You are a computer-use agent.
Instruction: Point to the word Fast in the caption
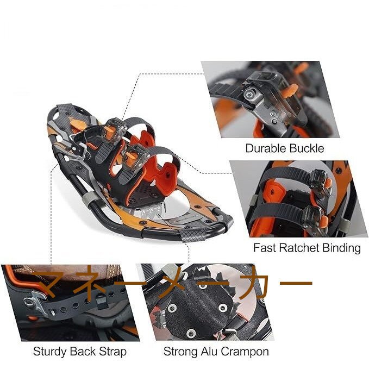pos(264,248)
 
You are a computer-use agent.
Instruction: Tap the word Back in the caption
pos(83,352)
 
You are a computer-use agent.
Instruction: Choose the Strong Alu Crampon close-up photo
pos(207,302)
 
